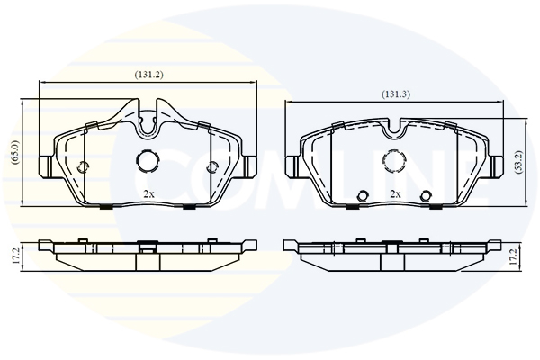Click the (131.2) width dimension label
(148, 75)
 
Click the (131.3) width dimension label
(396, 94)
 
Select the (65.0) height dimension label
(16, 153)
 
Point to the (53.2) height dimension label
(520, 162)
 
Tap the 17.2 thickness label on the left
(15, 256)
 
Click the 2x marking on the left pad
(148, 194)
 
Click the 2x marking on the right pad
(395, 194)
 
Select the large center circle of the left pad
(148, 160)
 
